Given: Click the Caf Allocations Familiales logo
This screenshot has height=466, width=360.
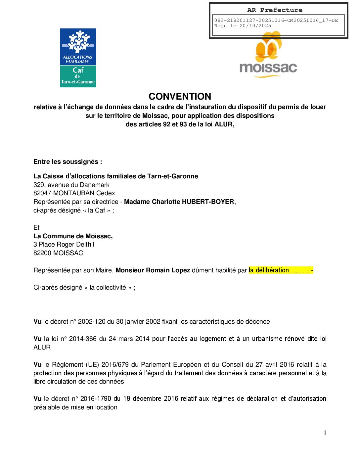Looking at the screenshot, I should click(78, 58).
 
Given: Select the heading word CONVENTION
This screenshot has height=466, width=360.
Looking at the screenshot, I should click(180, 96).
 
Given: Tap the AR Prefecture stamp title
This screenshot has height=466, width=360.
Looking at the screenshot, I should click(275, 10).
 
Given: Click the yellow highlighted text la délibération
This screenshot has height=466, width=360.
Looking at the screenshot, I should click(269, 270).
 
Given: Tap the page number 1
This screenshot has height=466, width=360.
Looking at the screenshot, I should click(325, 433).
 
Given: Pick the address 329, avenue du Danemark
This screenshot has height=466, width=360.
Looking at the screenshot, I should click(71, 185).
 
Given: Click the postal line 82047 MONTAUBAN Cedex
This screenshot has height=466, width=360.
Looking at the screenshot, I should click(74, 193).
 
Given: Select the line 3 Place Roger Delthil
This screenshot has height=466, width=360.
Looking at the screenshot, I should click(64, 244).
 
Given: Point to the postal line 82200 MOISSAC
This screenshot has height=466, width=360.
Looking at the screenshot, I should click(58, 253).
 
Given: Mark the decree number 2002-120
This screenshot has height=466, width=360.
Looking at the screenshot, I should click(92, 321).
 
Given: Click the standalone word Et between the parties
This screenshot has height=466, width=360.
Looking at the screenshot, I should click(36, 227).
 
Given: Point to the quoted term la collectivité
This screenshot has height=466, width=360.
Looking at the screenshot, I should click(108, 287).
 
